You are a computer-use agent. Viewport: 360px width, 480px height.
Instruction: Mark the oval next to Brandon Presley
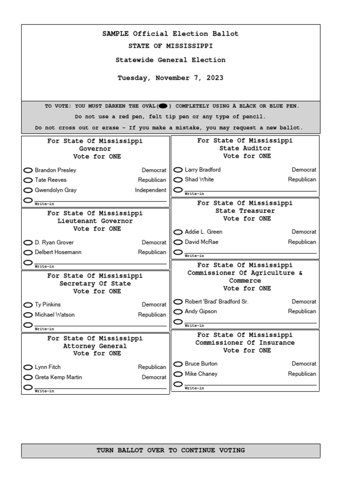(x=28, y=170)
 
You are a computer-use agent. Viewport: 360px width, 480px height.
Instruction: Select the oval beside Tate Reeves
(x=28, y=180)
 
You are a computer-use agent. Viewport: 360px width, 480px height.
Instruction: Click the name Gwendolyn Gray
(x=55, y=190)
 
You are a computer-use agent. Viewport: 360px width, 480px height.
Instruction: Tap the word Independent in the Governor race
(x=150, y=190)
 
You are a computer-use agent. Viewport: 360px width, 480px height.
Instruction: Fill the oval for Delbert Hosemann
(x=28, y=252)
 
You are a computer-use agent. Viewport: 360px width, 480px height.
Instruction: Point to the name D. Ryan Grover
(x=54, y=242)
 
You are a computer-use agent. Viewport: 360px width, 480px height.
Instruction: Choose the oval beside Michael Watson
(x=28, y=315)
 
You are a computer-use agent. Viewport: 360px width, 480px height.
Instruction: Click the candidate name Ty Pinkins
(x=47, y=305)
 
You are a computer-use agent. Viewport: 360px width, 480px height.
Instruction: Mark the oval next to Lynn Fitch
(x=28, y=367)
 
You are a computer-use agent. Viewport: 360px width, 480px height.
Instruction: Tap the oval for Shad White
(x=178, y=180)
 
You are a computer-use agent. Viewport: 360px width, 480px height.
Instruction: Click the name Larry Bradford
(x=202, y=170)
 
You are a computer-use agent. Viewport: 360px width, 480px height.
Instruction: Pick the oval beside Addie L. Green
(x=178, y=232)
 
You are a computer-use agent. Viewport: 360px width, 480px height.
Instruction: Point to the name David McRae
(x=202, y=242)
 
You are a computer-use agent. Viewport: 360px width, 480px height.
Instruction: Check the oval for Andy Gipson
(x=178, y=312)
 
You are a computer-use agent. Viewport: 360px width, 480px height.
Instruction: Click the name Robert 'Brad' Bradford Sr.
(x=217, y=301)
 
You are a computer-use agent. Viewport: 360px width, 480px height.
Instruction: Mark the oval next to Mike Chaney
(x=178, y=374)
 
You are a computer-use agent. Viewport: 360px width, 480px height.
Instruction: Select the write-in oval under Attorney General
(x=28, y=387)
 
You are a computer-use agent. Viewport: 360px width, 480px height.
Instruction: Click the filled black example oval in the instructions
(x=163, y=106)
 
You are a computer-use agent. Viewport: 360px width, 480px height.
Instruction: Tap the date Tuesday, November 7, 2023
(x=170, y=78)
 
